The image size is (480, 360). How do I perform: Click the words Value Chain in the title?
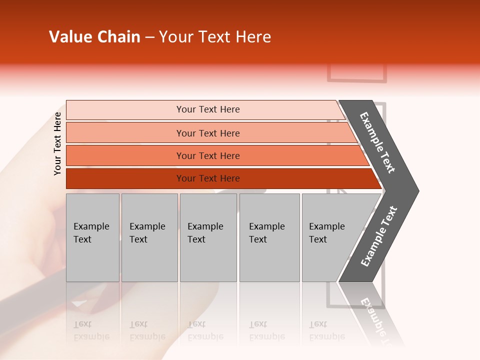94,37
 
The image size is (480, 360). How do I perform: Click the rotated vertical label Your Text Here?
57,144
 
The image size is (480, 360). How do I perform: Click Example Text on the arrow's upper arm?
377,142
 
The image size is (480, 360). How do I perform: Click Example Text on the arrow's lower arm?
379,236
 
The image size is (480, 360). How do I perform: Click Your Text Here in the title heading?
215,37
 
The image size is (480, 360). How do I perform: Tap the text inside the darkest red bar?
208,178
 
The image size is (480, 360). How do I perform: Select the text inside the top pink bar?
208,109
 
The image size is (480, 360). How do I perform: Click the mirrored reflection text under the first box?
91,330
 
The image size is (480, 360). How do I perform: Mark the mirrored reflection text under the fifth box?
326,330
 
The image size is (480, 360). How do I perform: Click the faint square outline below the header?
357,73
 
